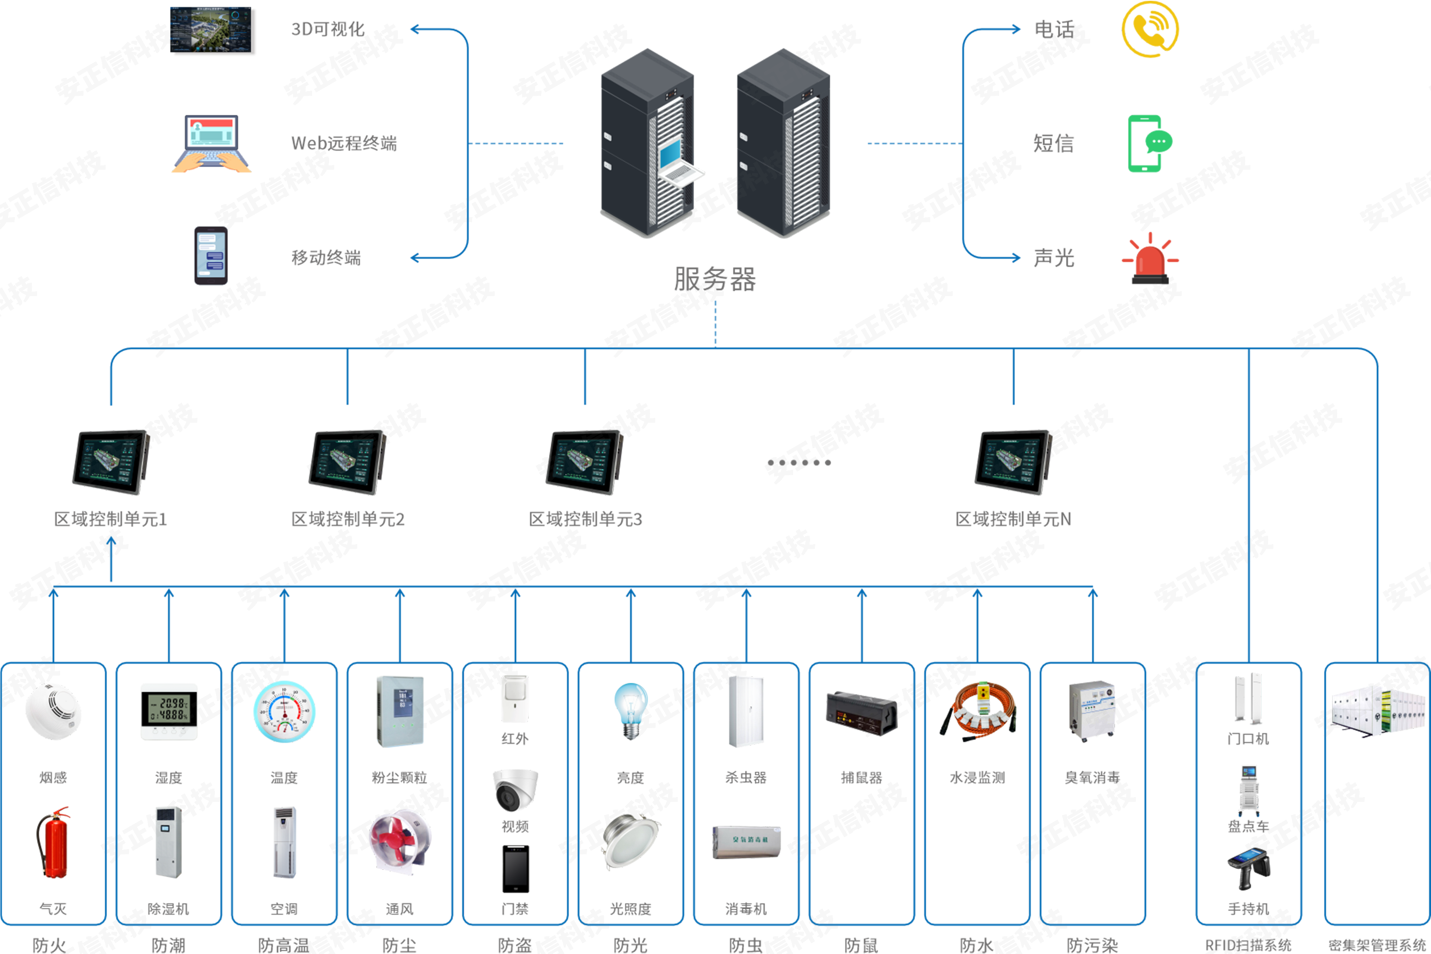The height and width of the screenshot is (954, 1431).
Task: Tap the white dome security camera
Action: coord(514,788)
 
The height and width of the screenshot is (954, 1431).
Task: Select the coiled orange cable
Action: coord(978,712)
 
